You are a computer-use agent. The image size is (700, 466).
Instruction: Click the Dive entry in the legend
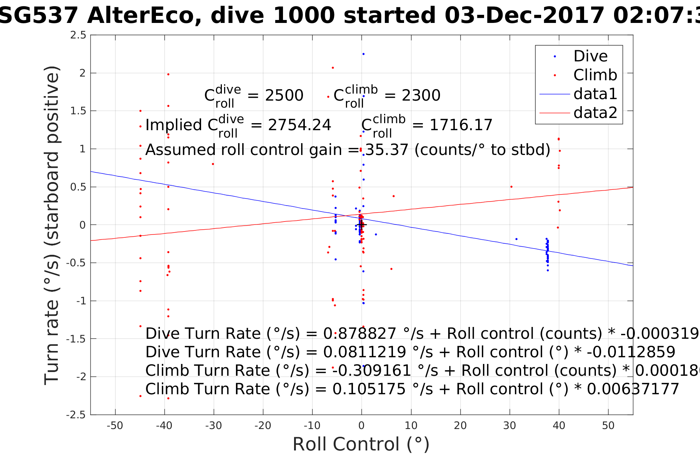[x=590, y=56]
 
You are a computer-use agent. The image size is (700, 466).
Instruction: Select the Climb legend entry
[x=595, y=75]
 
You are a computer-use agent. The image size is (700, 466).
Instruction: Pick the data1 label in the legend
[x=595, y=94]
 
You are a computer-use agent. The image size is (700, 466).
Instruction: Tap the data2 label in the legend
[x=595, y=112]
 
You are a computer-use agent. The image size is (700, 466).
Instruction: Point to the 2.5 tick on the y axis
[x=78, y=35]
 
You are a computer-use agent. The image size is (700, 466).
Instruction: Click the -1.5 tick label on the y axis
[x=76, y=339]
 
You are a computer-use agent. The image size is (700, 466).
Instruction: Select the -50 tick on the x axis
[x=115, y=426]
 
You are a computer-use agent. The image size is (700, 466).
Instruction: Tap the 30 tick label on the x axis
[x=510, y=426]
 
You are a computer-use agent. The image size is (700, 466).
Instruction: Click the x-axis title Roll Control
[x=361, y=444]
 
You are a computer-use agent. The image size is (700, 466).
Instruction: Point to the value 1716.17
[x=461, y=125]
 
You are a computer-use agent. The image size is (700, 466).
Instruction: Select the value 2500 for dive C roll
[x=284, y=95]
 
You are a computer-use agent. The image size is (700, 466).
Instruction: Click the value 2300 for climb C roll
[x=421, y=95]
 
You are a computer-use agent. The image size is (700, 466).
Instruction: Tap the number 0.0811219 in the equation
[x=364, y=352]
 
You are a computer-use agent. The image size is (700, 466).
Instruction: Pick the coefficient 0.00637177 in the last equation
[x=633, y=389]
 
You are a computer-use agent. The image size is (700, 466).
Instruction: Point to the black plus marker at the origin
[x=362, y=224]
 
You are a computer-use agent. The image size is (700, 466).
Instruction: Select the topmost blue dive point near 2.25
[x=363, y=54]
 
